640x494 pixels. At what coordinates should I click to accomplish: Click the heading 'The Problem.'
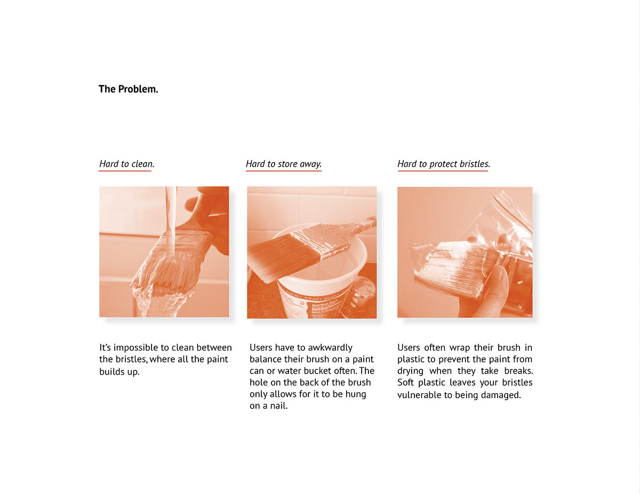[x=128, y=89]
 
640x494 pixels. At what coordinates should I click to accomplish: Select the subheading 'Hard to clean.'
[x=126, y=164]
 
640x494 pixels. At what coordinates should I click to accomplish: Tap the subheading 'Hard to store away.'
[x=283, y=164]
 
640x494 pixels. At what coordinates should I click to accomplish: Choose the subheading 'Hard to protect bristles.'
[x=443, y=164]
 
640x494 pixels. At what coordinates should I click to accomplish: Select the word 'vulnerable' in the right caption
[x=420, y=395]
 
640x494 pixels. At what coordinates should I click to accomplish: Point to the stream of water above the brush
[x=171, y=213]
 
